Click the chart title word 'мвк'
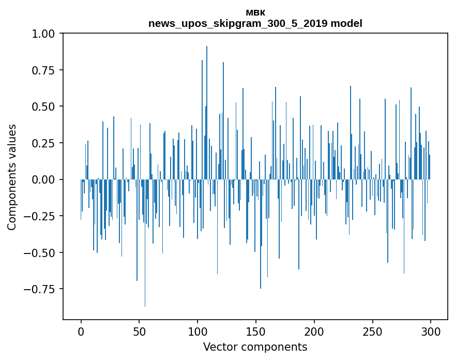pyautogui.click(x=255, y=12)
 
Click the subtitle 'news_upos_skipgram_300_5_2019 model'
pyautogui.click(x=255, y=23)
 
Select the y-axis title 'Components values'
pyautogui.click(x=12, y=177)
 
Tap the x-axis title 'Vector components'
pyautogui.click(x=255, y=347)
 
